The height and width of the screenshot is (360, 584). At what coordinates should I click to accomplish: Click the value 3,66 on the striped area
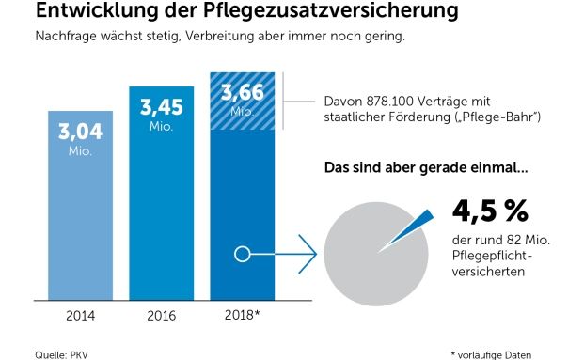[x=241, y=92]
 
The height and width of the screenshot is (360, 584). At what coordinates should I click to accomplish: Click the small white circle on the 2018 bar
[x=241, y=254]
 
